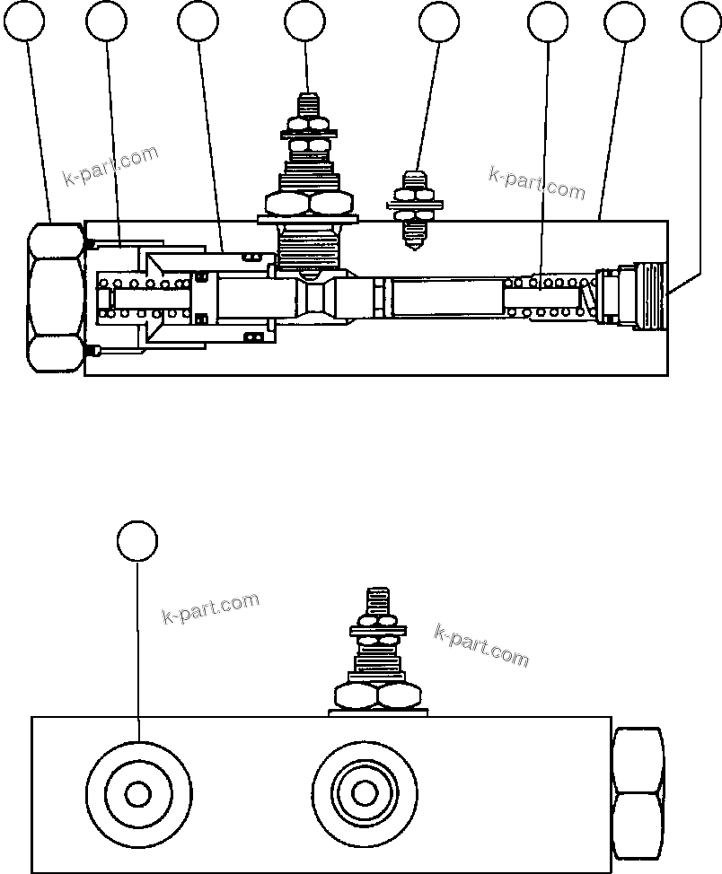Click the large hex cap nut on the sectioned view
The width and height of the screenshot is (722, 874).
[56, 298]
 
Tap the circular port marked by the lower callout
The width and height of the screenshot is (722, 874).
[138, 793]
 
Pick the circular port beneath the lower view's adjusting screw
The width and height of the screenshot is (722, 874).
[364, 793]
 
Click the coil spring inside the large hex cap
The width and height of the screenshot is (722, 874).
[144, 299]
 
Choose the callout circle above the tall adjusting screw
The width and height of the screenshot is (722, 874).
[304, 22]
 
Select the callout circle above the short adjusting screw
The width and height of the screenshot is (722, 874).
[439, 22]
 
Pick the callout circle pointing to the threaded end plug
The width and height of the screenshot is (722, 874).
[701, 22]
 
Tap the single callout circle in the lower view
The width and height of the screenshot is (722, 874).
[137, 541]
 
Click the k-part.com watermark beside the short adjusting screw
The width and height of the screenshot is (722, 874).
[536, 182]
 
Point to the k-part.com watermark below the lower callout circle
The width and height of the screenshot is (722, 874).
[210, 607]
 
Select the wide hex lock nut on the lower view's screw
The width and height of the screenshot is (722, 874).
[377, 695]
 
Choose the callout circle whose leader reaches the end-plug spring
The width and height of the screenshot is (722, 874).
[548, 22]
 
